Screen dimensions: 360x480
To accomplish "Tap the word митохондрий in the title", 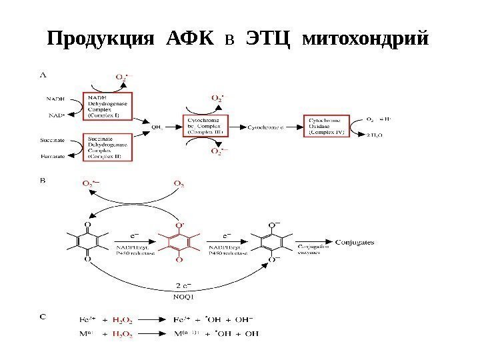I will (x=364, y=39).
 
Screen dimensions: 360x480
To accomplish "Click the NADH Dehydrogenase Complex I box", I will (x=108, y=106).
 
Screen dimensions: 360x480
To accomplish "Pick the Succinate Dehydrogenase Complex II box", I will (x=108, y=147).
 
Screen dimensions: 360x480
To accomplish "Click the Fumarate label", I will (x=53, y=158).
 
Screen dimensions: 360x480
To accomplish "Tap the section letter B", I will (x=43, y=180).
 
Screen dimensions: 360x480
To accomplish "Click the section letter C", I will (x=43, y=317).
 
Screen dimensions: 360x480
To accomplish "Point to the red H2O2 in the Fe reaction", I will (x=121, y=321).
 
